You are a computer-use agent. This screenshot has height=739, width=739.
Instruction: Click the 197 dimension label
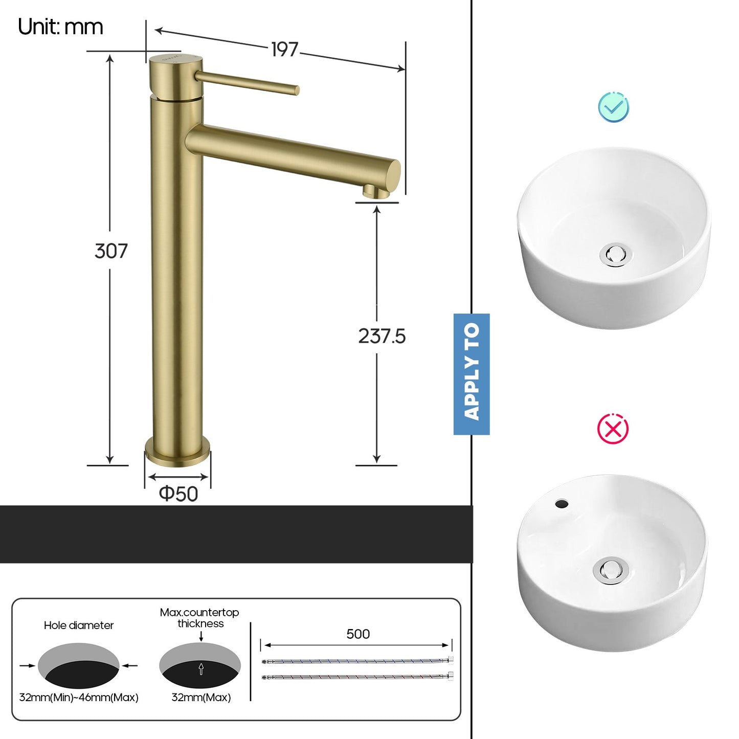coord(284,50)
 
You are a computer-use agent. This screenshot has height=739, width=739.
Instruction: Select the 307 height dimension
coord(111,251)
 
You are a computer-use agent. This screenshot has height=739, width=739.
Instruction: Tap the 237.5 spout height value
coord(382,336)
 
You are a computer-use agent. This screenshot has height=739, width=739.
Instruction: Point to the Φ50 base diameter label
coord(178,494)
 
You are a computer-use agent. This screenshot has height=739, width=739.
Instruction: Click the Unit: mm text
coord(60,27)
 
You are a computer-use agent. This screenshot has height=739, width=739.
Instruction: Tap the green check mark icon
coord(614,107)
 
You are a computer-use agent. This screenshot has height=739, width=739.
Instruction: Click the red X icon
coord(613,429)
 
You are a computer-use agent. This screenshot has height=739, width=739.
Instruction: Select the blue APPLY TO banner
coord(472,374)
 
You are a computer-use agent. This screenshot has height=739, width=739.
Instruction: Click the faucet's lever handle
coord(248,83)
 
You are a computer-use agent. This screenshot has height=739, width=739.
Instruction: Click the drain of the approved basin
coord(616,254)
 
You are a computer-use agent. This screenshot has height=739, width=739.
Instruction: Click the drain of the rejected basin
coord(610,570)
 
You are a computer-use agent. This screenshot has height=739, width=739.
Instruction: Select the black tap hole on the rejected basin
coord(562,504)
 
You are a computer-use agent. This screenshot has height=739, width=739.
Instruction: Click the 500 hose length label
coord(358,634)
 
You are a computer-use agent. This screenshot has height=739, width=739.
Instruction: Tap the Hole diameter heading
coord(79,625)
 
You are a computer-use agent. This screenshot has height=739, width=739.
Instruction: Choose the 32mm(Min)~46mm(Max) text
coord(79,698)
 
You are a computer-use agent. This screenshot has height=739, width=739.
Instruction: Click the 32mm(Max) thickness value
coord(201,698)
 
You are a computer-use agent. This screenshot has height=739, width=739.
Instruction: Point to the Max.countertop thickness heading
coord(199,618)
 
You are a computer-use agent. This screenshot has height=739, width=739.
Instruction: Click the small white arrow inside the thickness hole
coord(201,668)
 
